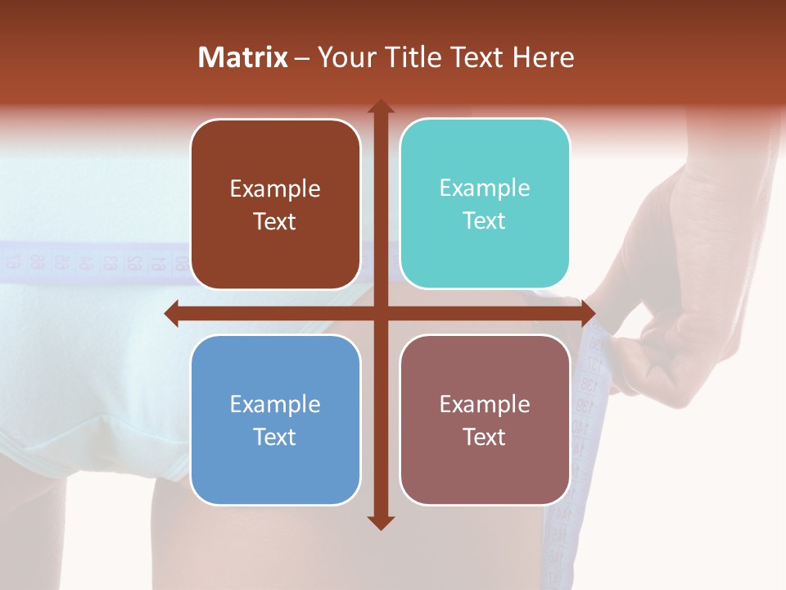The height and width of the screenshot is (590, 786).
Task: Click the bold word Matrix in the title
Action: click(243, 57)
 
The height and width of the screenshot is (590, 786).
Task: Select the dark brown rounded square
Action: click(275, 204)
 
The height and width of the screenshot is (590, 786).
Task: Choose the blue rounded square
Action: click(275, 420)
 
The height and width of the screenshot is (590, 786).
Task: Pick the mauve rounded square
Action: click(485, 420)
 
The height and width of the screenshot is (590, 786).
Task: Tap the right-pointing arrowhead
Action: click(587, 313)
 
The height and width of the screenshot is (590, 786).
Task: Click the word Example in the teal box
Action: click(485, 188)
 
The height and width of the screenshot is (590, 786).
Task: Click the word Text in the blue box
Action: click(275, 437)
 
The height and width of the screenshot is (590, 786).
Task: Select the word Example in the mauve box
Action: click(485, 403)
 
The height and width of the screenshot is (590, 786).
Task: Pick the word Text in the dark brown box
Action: click(275, 221)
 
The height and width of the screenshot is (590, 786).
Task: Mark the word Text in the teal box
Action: click(485, 220)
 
